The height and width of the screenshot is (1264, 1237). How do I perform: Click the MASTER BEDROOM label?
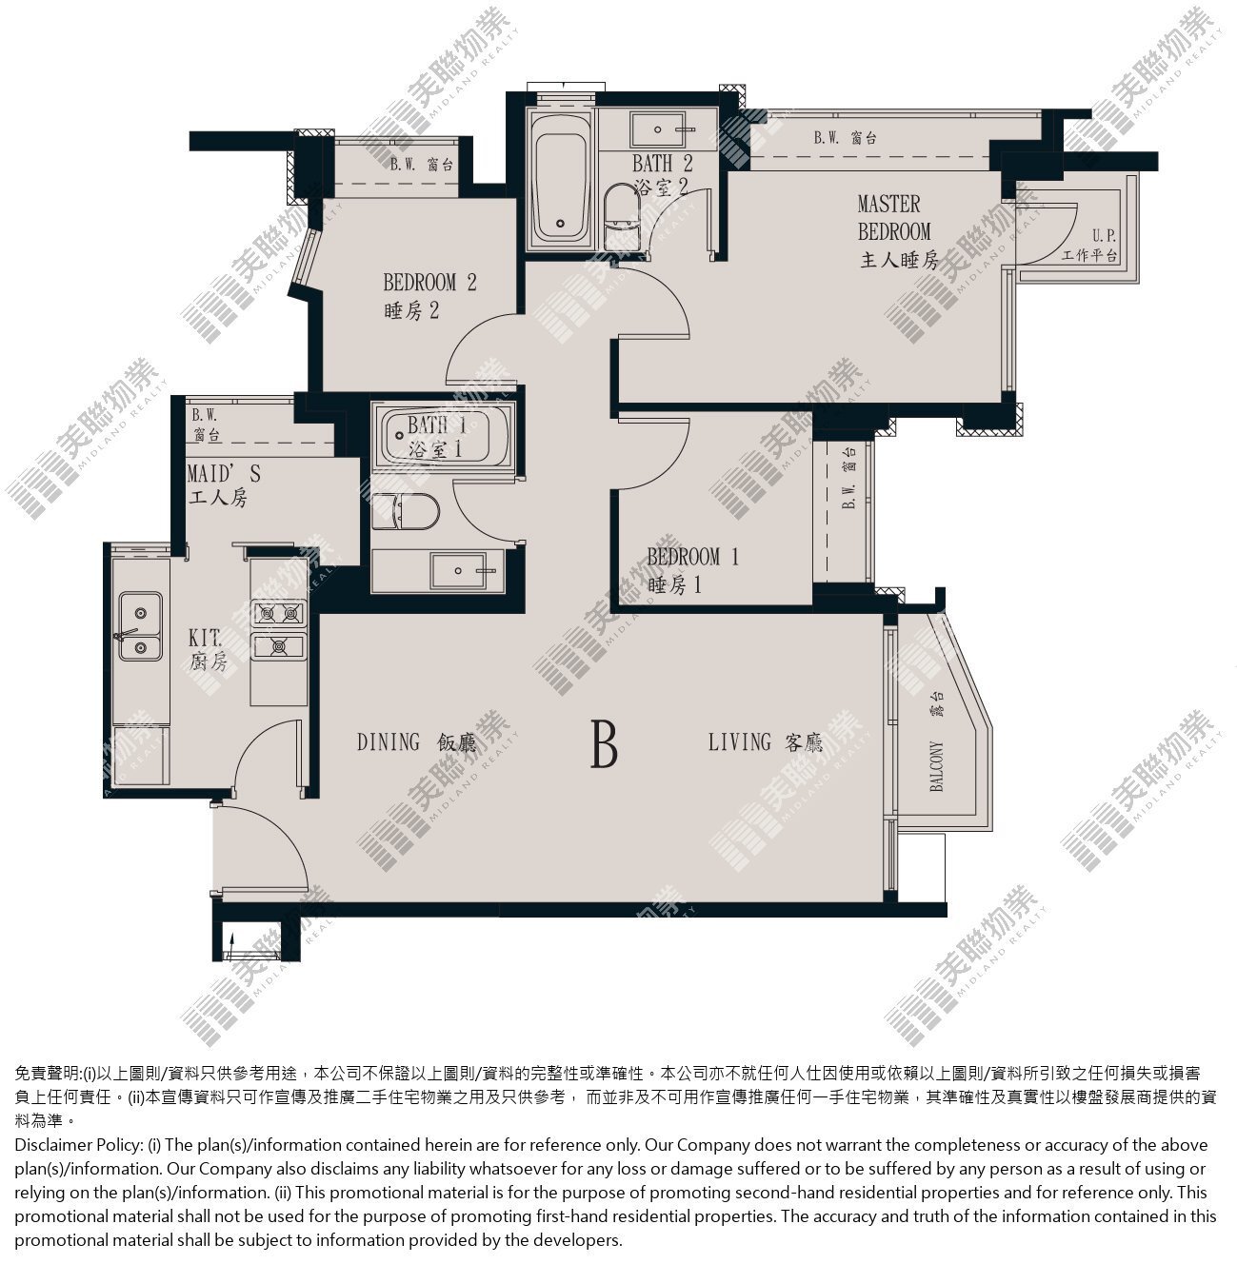[x=894, y=217]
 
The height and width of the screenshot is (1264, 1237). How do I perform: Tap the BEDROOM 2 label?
[x=429, y=283]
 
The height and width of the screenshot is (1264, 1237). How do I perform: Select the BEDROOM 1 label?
[x=693, y=557]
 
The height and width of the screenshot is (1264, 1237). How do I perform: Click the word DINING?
[x=389, y=741]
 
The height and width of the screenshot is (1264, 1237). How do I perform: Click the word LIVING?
[x=739, y=741]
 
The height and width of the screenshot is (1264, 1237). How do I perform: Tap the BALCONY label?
[x=936, y=766]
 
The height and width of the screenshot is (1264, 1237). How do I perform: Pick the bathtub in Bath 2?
[x=560, y=179]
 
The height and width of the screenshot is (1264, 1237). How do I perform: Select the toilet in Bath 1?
[x=406, y=511]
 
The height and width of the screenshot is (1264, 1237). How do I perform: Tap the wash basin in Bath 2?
[x=658, y=129]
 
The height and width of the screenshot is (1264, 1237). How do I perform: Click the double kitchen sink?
[x=139, y=626]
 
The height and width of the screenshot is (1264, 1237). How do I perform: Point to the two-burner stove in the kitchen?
[x=278, y=629]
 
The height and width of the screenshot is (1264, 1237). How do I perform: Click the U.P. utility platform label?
[x=1104, y=235]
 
